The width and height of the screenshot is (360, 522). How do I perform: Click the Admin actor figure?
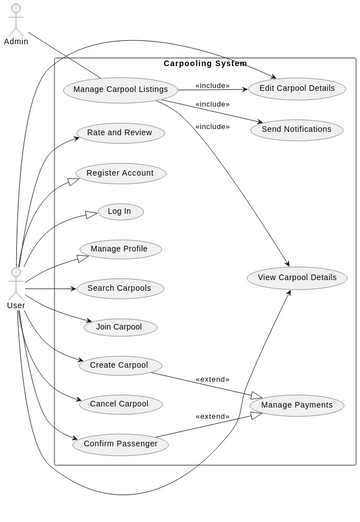(16, 20)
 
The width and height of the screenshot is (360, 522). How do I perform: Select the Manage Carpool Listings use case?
(121, 90)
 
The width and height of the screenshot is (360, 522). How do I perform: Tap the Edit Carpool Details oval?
(297, 88)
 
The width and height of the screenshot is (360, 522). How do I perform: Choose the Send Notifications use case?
(297, 129)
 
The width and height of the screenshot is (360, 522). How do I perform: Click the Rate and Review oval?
(120, 132)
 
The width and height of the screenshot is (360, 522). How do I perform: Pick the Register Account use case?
(120, 173)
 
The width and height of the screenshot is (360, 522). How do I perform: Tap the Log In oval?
(120, 212)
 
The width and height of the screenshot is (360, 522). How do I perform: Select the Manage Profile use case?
(120, 249)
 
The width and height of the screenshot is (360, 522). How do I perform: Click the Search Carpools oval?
(120, 288)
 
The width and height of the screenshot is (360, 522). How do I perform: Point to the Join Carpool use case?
(120, 327)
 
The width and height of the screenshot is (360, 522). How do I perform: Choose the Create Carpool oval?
(120, 365)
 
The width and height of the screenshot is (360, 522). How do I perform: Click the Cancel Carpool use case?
(120, 404)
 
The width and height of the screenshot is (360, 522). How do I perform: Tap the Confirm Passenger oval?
(120, 443)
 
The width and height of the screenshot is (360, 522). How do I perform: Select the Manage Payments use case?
(297, 405)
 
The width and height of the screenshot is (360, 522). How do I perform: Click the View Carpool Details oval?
(297, 277)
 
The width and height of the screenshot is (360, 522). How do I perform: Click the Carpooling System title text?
(205, 64)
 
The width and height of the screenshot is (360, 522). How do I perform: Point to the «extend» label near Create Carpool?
(212, 379)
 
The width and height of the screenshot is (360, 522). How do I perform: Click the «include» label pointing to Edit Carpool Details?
(212, 85)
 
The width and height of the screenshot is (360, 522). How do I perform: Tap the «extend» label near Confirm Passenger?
(212, 416)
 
